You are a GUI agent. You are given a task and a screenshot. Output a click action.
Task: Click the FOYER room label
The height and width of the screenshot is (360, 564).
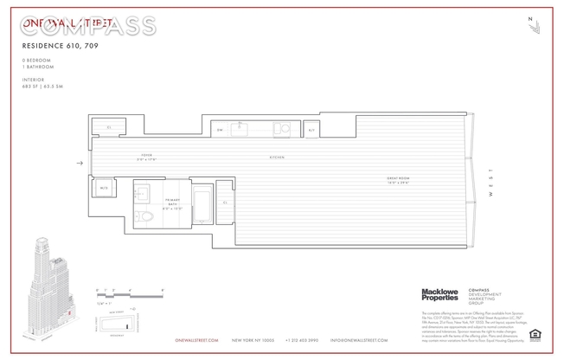(x=146, y=157)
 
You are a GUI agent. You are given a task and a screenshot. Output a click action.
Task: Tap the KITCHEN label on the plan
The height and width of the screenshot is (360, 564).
(x=276, y=157)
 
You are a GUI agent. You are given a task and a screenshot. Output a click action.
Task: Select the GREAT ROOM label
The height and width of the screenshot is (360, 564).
(x=398, y=181)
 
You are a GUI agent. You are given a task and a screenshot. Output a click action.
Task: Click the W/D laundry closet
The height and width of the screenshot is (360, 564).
(x=103, y=187)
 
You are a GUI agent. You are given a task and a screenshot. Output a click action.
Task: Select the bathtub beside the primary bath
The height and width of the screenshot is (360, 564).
(x=202, y=207)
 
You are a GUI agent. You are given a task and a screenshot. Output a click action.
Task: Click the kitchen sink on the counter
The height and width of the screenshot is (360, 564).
(x=239, y=130)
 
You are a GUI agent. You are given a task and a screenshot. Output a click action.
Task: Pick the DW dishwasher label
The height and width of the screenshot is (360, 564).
(x=220, y=130)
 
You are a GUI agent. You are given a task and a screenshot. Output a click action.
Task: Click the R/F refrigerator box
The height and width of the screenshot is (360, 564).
(x=311, y=130)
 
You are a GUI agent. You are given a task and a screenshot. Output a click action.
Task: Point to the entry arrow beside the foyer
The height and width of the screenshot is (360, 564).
(x=80, y=163)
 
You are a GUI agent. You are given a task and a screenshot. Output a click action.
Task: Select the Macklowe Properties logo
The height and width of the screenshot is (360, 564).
(x=439, y=295)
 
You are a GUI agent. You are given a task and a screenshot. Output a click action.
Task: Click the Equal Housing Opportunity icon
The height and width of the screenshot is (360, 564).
(x=535, y=335)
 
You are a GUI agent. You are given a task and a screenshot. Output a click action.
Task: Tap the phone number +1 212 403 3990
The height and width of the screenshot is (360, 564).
(x=301, y=340)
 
